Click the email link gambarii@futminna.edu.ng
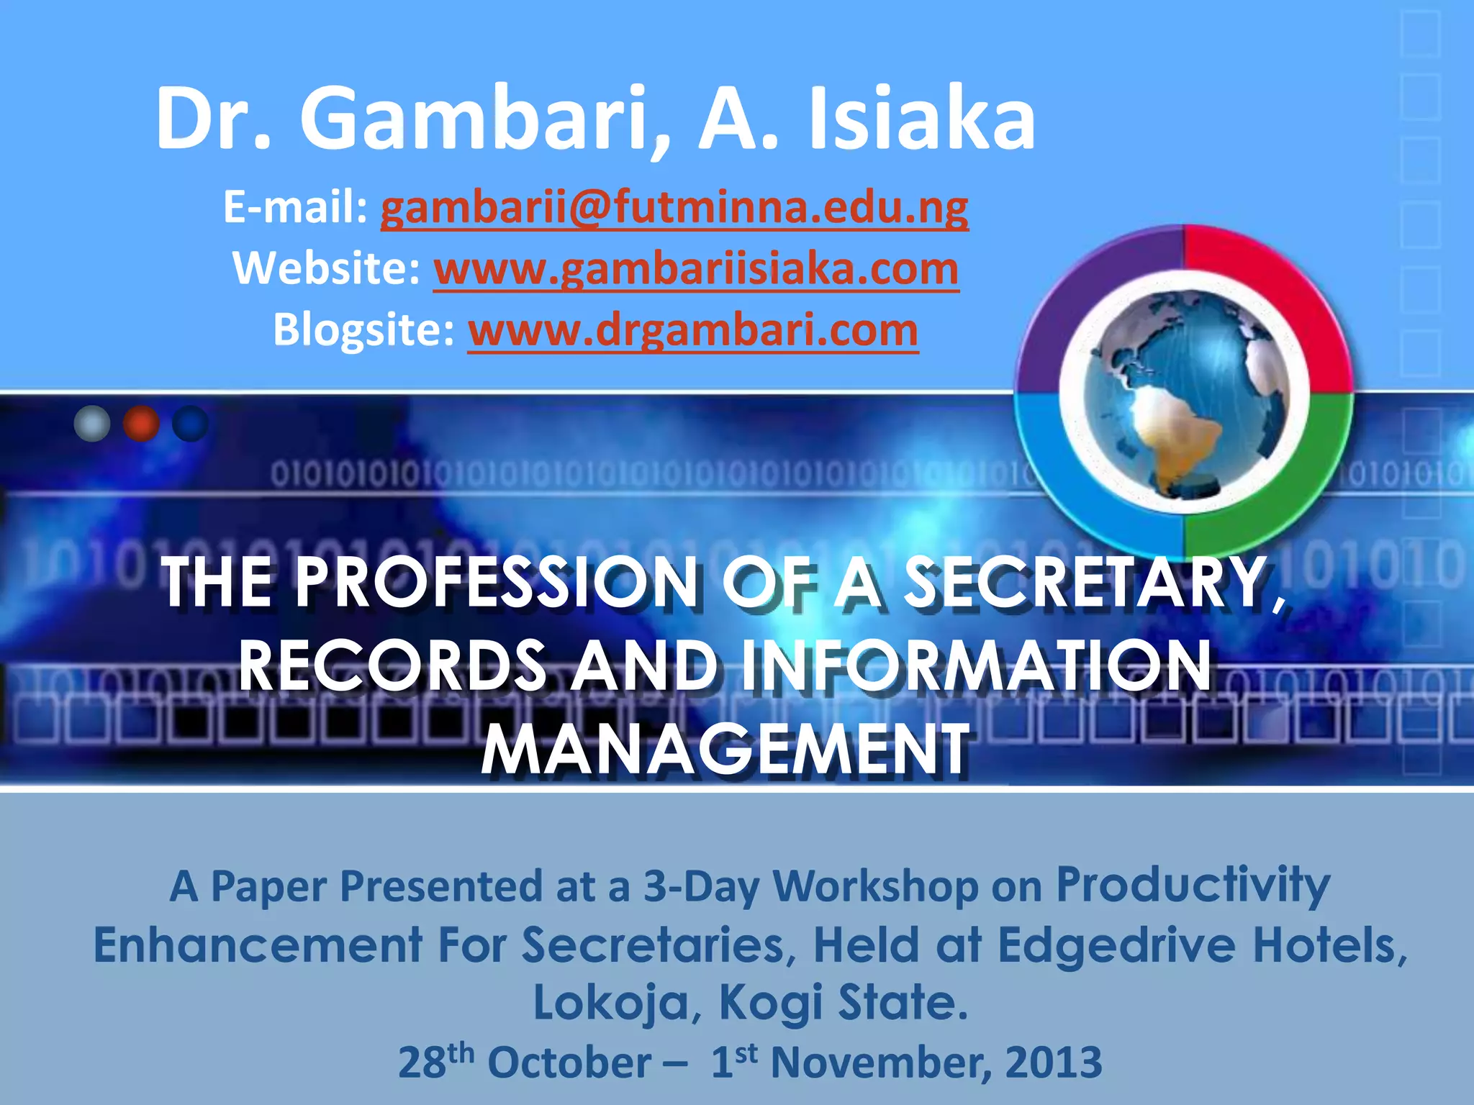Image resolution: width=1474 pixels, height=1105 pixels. [674, 209]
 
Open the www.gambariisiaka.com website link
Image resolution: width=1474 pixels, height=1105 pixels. [696, 270]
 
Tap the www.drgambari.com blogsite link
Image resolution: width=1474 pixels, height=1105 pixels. [692, 331]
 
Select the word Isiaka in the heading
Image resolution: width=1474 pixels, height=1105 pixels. [922, 119]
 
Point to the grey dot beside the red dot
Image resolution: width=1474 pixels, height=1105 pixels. [92, 424]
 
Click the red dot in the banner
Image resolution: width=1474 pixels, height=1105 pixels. [141, 424]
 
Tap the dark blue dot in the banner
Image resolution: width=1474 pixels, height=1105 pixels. [190, 424]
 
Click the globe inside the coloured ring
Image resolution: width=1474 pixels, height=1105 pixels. [1184, 392]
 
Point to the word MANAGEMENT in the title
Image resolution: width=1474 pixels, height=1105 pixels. [725, 750]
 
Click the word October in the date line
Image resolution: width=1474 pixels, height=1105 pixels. [569, 1063]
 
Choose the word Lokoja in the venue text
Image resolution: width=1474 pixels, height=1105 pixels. [611, 1002]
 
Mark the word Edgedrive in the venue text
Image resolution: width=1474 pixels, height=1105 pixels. [1116, 944]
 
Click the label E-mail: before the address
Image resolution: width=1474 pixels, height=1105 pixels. [296, 209]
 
